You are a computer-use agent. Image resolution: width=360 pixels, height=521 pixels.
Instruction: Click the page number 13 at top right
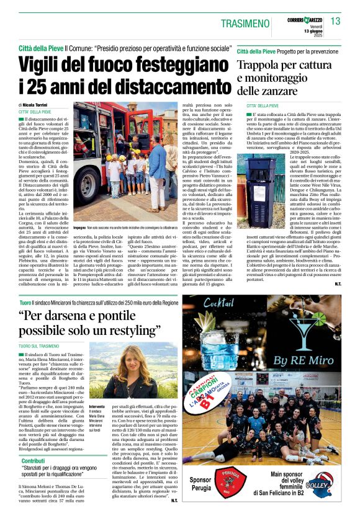[x=335, y=21]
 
